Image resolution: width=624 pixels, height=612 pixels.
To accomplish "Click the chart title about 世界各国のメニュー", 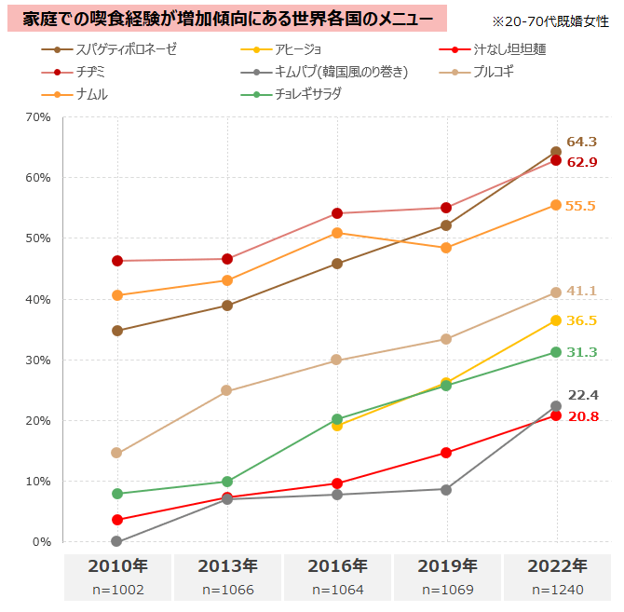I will tap(227, 18).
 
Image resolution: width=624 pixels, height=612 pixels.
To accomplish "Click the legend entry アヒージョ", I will tap(307, 48).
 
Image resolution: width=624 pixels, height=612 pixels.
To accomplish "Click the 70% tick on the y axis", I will tap(38, 116).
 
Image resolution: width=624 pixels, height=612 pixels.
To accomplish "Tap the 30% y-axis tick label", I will tap(38, 360).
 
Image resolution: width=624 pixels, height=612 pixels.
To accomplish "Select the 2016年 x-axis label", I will tap(337, 565).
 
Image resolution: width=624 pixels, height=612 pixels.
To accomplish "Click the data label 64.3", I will tap(581, 143).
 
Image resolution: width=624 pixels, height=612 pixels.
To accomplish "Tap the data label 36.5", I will tap(581, 320).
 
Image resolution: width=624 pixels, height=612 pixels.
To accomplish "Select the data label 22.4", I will tap(581, 395).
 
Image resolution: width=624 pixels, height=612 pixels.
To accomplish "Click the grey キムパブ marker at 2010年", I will tap(117, 541).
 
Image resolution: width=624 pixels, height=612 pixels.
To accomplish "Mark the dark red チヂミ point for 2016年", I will tap(337, 213).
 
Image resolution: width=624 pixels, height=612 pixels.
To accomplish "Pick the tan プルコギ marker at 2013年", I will tap(227, 390).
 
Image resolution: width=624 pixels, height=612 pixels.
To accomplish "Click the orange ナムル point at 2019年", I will tap(447, 248).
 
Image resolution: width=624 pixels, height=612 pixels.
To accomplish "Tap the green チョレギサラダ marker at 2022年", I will tap(556, 352).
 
